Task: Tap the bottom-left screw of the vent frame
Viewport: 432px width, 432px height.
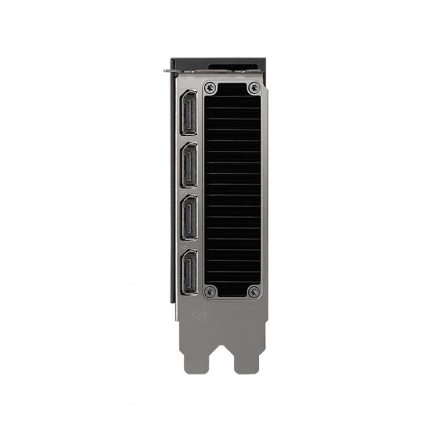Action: (211, 292)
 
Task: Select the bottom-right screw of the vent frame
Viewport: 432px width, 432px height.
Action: (255, 292)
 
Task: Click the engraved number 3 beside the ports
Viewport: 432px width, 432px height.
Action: (183, 193)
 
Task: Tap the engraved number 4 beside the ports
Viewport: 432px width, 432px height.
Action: (183, 247)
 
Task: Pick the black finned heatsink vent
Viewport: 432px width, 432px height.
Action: (233, 191)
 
